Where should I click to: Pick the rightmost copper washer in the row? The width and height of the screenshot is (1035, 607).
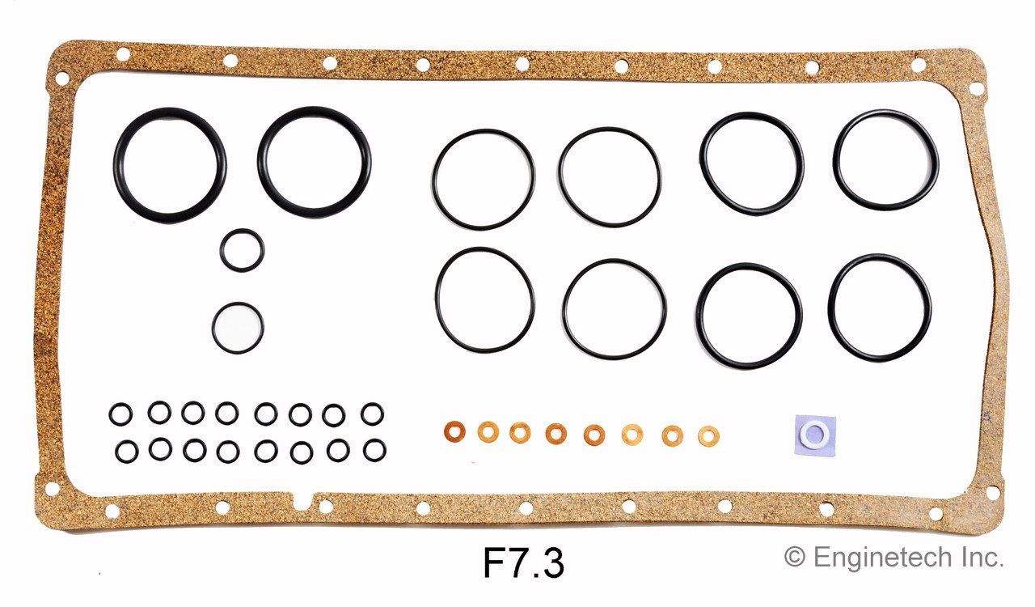(708, 435)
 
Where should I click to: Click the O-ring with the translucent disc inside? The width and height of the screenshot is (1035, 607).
(238, 328)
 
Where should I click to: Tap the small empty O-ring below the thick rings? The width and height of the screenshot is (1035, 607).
(242, 250)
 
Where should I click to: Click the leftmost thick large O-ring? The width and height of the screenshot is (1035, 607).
(170, 165)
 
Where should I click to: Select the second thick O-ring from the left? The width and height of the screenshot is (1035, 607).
(314, 163)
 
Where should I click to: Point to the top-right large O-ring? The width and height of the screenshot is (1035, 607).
(885, 160)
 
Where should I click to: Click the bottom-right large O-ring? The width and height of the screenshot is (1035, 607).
(880, 308)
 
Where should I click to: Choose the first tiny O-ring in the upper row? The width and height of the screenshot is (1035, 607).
(120, 414)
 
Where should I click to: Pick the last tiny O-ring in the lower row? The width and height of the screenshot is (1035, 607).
(374, 450)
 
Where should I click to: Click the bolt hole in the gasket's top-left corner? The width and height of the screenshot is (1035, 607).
(61, 79)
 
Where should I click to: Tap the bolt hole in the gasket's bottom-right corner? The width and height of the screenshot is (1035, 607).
(991, 492)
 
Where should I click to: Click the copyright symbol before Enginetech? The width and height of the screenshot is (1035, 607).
(796, 557)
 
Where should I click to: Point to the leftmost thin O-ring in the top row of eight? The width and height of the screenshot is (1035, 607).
(483, 179)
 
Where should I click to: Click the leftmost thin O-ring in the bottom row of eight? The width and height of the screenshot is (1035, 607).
(485, 299)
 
